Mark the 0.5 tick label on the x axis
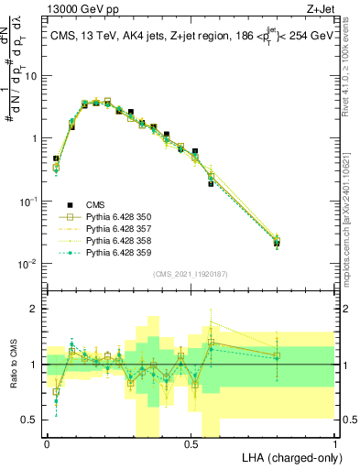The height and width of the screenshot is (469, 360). tap(191, 442)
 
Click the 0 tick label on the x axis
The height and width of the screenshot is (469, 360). tap(47, 442)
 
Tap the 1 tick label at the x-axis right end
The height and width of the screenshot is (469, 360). tap(334, 442)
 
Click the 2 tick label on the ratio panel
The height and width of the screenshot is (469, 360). tap(37, 309)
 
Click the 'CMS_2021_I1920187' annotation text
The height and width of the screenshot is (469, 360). tap(190, 274)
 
